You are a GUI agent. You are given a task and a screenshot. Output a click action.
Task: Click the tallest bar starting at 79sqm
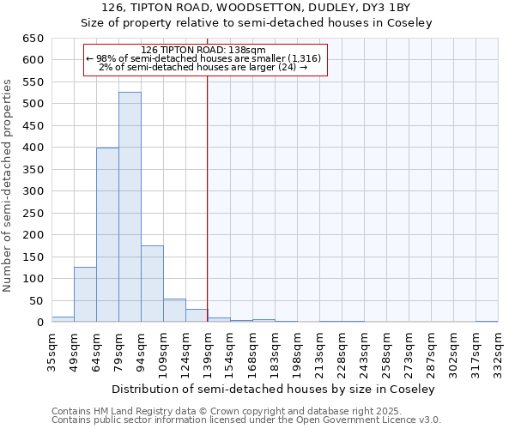130,207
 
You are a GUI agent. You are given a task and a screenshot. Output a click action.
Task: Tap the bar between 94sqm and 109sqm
152,284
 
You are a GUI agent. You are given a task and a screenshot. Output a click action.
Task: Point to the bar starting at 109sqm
174,311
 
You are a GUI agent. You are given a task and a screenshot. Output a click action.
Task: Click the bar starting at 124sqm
197,316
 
